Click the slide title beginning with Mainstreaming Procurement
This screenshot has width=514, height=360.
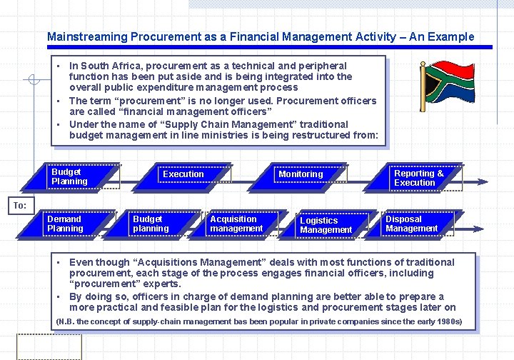[260, 36]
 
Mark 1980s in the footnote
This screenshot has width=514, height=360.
[445, 321]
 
